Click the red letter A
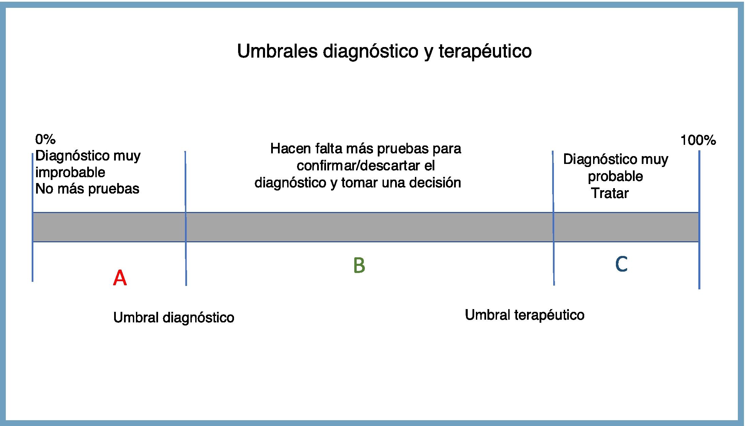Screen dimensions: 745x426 tap(120, 278)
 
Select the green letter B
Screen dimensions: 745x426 tap(359, 265)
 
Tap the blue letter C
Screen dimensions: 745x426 tap(621, 264)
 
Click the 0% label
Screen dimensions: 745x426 tap(45, 139)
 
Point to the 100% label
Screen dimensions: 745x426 tap(698, 140)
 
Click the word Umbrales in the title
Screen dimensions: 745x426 tap(277, 51)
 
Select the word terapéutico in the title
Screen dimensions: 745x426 tap(485, 51)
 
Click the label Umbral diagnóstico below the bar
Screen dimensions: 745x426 tap(174, 318)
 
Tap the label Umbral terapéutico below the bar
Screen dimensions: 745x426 tap(525, 315)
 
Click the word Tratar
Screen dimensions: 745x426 tap(610, 193)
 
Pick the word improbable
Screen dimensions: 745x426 tap(70, 172)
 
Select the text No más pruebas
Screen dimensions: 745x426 tap(87, 189)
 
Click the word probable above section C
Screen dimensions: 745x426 tap(615, 176)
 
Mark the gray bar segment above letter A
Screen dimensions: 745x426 tap(109, 227)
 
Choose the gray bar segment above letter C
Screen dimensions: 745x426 tap(626, 227)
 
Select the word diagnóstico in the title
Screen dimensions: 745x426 tap(370, 51)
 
